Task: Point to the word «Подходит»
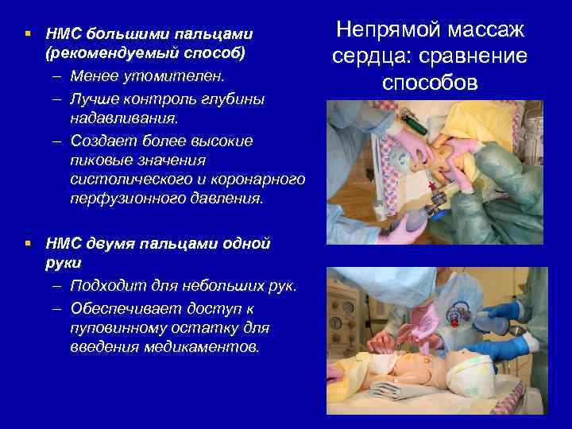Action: point(106,286)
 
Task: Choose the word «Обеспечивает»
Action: point(122,307)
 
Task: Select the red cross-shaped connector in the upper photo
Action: point(434,189)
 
